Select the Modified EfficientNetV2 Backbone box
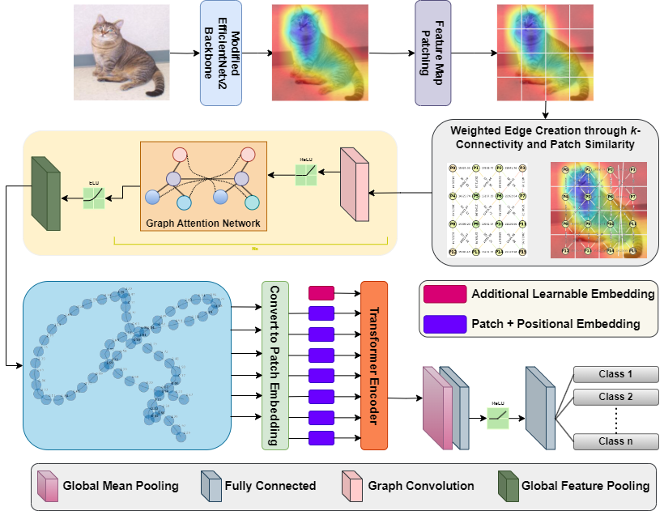(221, 53)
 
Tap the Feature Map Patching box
(433, 53)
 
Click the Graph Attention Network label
(203, 224)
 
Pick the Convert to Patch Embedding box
(275, 364)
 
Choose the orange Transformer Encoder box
(374, 365)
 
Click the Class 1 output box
(616, 374)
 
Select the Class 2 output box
(616, 397)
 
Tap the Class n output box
(616, 441)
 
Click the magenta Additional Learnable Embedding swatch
(444, 294)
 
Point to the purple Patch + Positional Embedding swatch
(444, 324)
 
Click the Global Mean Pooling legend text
(121, 486)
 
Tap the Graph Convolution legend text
(421, 486)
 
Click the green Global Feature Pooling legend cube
(508, 485)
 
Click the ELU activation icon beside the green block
(95, 195)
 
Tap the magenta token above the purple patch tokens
(321, 293)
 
